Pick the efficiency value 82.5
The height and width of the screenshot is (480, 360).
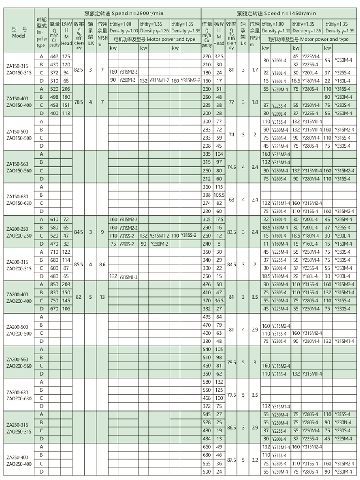coord(78,70)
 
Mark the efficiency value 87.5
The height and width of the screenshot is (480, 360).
coord(231,460)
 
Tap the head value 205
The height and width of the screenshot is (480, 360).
coord(66,89)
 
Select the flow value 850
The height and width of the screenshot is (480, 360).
coord(54,284)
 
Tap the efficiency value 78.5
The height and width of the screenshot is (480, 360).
coord(78,102)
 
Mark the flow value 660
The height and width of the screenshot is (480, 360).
coord(207,447)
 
